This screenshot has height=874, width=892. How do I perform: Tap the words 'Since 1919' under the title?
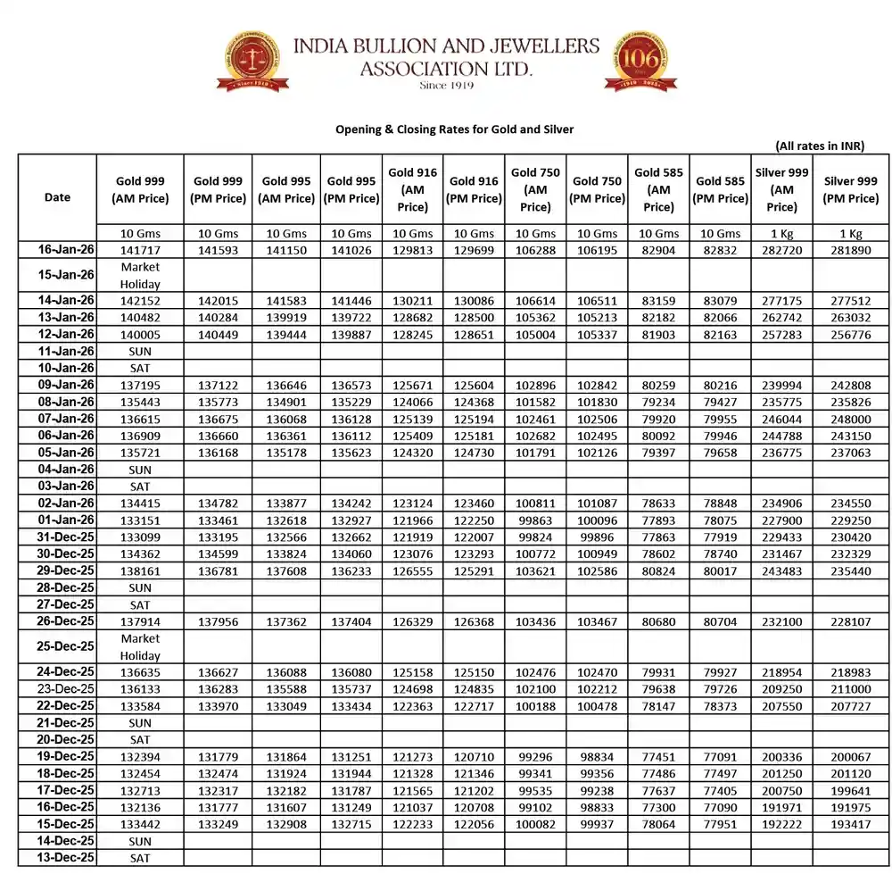coord(446,86)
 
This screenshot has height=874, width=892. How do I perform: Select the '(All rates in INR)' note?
coord(819,146)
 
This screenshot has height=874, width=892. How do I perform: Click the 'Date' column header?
coord(57,197)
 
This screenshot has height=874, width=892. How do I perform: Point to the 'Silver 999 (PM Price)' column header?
coord(851,189)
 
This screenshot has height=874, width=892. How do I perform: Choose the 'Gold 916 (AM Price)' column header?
coord(412,189)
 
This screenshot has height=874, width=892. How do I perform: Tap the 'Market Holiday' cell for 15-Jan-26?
coord(140,275)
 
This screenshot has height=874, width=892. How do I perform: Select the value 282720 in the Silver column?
coord(781,250)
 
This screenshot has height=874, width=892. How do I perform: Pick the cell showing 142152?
coord(140,301)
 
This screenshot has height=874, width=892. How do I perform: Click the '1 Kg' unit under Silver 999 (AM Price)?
coord(781,233)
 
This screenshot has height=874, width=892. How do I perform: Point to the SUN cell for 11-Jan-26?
coord(140,351)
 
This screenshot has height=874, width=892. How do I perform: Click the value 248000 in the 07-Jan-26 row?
coord(851,418)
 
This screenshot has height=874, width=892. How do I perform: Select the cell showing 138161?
coord(140,570)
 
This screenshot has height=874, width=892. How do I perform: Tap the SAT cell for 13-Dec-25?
coord(140,857)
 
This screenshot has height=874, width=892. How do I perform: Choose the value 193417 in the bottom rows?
coord(851,823)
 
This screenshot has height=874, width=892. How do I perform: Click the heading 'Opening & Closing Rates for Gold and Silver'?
coord(454,129)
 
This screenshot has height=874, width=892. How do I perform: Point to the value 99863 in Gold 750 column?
coord(535,520)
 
